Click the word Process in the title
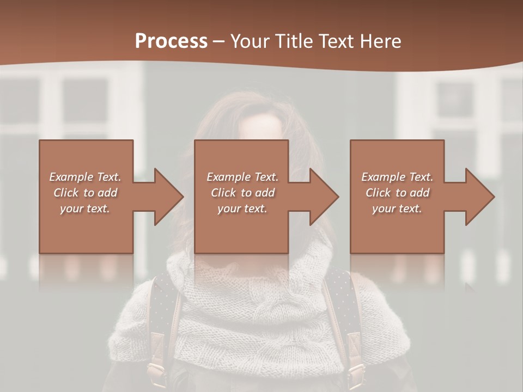(x=171, y=41)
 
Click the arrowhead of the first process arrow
(x=168, y=197)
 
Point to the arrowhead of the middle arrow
(x=324, y=197)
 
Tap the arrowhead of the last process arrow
(x=480, y=197)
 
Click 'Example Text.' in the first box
(x=86, y=177)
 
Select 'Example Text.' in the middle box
(x=242, y=177)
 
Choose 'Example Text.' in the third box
(x=397, y=177)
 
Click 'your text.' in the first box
(x=85, y=209)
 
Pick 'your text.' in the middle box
(x=242, y=209)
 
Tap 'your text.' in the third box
(x=397, y=209)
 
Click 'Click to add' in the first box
(x=86, y=193)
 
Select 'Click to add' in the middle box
(x=242, y=193)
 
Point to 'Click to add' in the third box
(x=397, y=193)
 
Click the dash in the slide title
(x=218, y=42)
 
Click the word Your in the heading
(x=251, y=41)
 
